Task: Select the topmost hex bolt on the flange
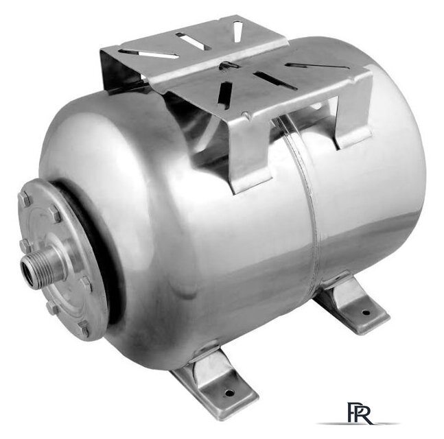25,199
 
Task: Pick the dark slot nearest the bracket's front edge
224,93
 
